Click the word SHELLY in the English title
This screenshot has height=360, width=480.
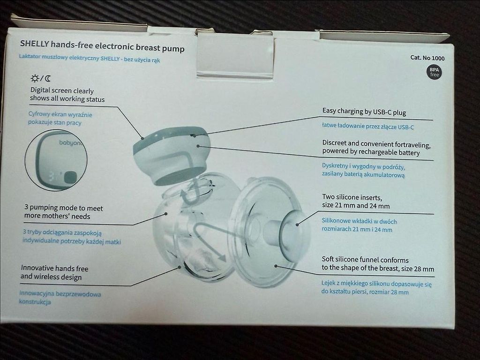pyautogui.click(x=34, y=44)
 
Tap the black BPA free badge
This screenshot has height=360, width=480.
pyautogui.click(x=434, y=72)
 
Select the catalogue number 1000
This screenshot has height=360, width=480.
pyautogui.click(x=438, y=58)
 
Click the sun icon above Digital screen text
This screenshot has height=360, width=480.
pyautogui.click(x=35, y=78)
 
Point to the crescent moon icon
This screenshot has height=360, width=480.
pyautogui.click(x=48, y=78)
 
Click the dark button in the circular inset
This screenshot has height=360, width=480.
pyautogui.click(x=70, y=177)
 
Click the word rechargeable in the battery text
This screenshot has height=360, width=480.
pyautogui.click(x=378, y=152)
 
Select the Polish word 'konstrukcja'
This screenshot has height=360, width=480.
pyautogui.click(x=35, y=302)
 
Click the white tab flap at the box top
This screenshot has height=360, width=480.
pyautogui.click(x=235, y=56)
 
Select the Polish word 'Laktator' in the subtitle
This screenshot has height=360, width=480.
pyautogui.click(x=30, y=56)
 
